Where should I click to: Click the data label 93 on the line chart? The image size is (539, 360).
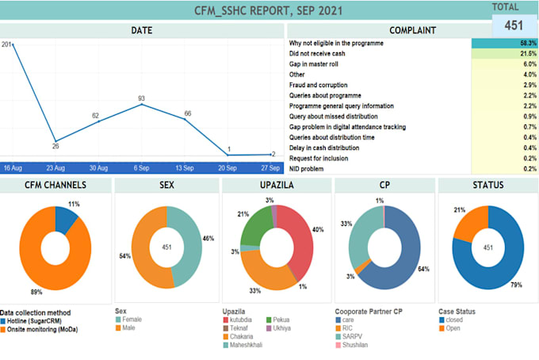click(x=141, y=98)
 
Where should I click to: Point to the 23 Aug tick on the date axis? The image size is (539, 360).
click(x=54, y=168)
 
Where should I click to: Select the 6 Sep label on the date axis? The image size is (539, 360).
click(x=141, y=168)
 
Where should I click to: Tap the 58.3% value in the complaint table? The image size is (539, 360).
click(x=527, y=43)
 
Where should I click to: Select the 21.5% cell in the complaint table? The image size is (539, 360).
click(x=527, y=53)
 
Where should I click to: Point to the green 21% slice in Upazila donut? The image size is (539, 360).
click(x=254, y=228)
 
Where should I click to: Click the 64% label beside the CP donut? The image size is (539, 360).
click(x=424, y=268)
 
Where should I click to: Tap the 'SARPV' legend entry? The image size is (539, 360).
click(x=353, y=336)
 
